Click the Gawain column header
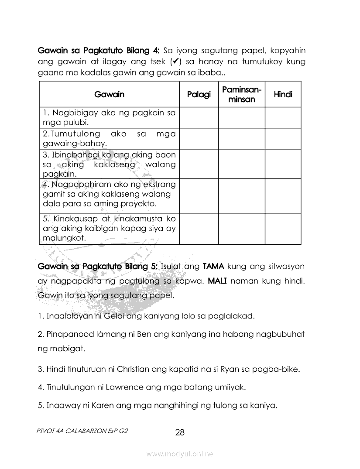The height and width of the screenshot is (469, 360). point(109,95)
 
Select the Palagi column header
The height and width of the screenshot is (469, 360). point(199,95)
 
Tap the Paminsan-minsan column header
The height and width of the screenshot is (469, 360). point(241,95)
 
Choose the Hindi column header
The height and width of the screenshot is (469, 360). point(283,95)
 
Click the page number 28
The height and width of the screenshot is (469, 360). point(180,433)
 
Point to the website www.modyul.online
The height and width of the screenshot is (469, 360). point(180,454)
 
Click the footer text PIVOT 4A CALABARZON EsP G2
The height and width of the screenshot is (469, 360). point(83,430)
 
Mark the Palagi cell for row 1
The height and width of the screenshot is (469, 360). point(199,118)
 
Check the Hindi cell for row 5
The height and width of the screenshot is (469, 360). point(283,229)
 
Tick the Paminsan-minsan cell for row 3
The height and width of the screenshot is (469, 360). point(241,164)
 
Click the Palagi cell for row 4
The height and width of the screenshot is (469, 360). point(199,196)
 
